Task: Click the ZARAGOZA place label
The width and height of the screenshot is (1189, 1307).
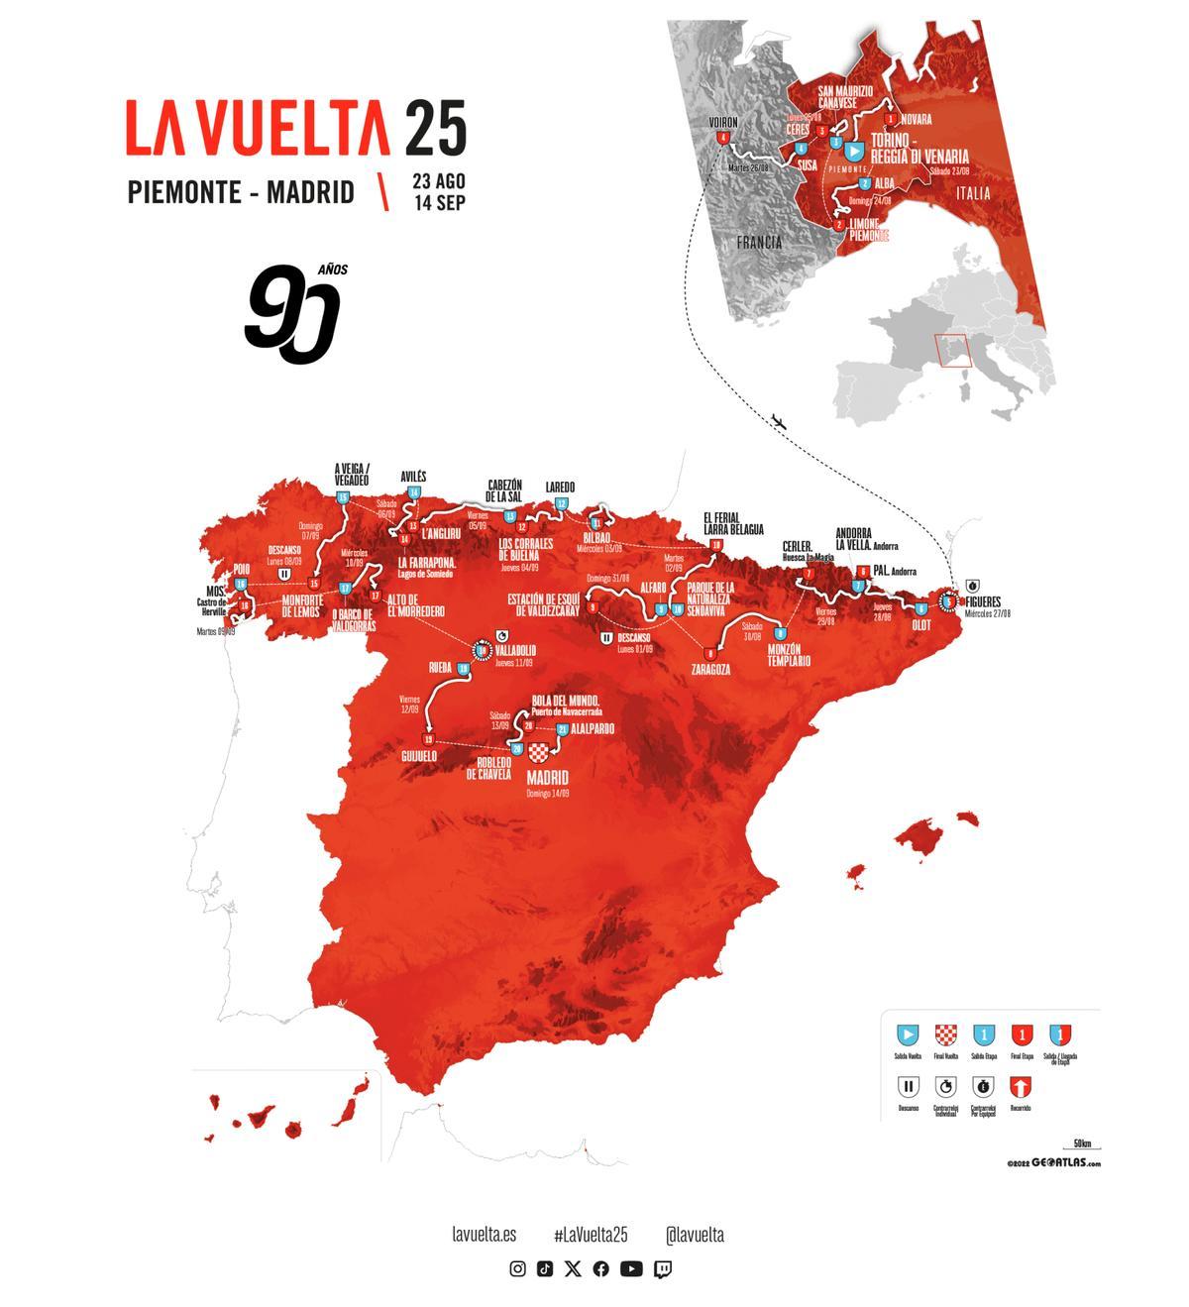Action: click(710, 670)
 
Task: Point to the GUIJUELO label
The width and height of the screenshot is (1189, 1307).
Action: click(419, 756)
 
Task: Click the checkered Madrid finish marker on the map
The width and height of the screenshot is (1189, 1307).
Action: click(540, 753)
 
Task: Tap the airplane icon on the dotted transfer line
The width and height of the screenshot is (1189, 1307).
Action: click(779, 423)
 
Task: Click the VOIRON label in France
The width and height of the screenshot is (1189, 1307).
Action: click(723, 123)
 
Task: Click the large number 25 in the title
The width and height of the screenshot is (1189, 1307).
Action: click(435, 128)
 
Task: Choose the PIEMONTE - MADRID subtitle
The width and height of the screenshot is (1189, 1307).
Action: click(241, 191)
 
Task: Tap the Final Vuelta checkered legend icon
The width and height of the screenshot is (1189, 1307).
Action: click(945, 1035)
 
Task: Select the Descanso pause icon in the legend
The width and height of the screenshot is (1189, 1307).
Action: click(909, 1087)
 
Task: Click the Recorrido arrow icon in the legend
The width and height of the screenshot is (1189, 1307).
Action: click(1020, 1087)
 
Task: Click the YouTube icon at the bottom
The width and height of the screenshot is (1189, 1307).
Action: click(631, 1269)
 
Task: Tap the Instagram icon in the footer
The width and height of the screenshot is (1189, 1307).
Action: click(517, 1269)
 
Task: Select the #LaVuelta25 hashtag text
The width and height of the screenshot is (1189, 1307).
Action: click(591, 1235)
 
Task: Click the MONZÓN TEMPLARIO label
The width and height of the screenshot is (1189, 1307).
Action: click(789, 655)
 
